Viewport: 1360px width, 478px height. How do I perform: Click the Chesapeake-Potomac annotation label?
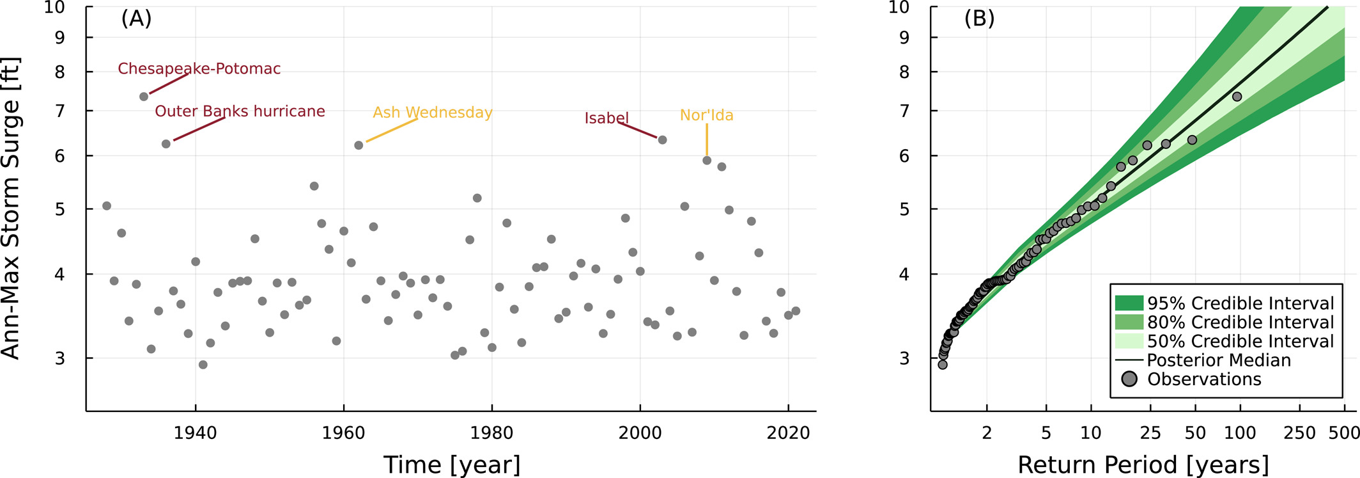(199, 69)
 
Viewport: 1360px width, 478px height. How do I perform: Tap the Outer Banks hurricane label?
(240, 111)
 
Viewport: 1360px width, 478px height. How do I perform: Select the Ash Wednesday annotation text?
(432, 113)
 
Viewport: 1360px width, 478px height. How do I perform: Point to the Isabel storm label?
(607, 118)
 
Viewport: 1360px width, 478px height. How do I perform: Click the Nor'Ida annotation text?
(706, 115)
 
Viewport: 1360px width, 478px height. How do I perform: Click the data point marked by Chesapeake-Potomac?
(144, 97)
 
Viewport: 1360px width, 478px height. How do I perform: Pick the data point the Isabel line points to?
(662, 140)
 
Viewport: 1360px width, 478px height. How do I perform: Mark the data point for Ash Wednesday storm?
(359, 145)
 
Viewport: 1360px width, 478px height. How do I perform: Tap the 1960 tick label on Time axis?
(343, 433)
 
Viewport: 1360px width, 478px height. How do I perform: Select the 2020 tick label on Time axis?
(788, 433)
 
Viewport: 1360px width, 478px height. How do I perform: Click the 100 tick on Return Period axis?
(1240, 433)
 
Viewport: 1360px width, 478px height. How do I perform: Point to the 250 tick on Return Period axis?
(1299, 433)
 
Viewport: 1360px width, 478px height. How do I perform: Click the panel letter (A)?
(136, 19)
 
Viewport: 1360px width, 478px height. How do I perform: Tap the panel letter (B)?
(979, 19)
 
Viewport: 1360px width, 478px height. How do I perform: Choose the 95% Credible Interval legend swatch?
(1129, 303)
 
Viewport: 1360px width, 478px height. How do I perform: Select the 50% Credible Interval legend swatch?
(1129, 341)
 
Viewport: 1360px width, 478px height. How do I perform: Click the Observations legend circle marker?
(1129, 379)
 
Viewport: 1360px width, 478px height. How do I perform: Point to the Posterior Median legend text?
(1219, 360)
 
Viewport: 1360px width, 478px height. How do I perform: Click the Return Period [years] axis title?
(1143, 465)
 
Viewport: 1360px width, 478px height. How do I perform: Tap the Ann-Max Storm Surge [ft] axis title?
(12, 209)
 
